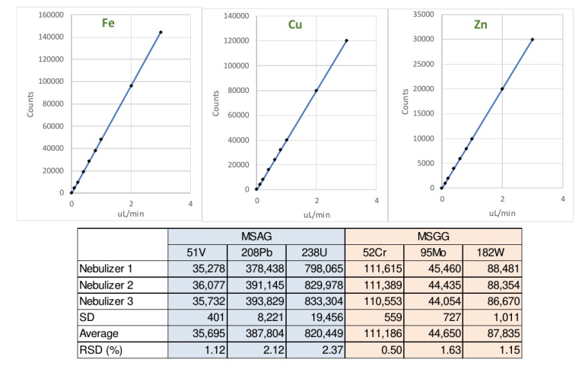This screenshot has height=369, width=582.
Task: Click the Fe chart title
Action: pyautogui.click(x=109, y=23)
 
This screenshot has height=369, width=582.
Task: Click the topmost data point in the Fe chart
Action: pyautogui.click(x=161, y=32)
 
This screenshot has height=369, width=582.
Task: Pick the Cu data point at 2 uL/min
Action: pyautogui.click(x=316, y=91)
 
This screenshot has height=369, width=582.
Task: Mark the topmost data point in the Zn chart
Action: pyautogui.click(x=533, y=40)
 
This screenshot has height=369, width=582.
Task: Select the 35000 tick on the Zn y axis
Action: pyautogui.click(x=423, y=14)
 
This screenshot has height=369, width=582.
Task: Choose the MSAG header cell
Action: pyautogui.click(x=256, y=237)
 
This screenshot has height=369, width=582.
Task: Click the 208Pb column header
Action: pyautogui.click(x=257, y=253)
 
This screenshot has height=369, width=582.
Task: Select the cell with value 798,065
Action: pyautogui.click(x=314, y=269)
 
